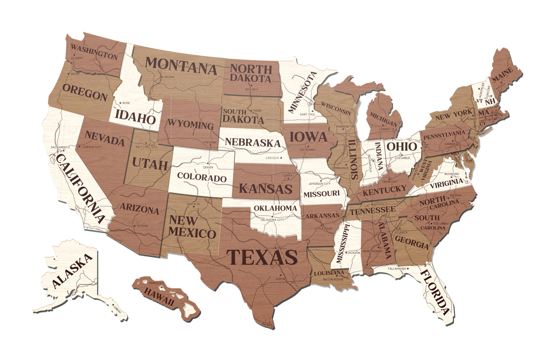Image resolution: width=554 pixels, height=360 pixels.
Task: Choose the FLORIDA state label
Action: point(435,293)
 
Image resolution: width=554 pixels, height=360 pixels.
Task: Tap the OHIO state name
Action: point(401,146)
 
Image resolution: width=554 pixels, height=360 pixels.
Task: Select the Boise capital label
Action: point(126,103)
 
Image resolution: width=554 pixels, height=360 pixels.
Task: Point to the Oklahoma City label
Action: point(272,220)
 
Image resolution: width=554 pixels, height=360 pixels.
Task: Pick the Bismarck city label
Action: point(252,89)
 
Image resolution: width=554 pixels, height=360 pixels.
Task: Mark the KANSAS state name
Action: point(265,189)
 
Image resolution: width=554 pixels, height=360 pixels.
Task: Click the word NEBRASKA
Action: point(253,142)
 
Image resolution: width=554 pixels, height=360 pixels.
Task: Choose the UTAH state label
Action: point(150,165)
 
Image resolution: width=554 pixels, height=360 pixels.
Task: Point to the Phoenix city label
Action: point(142,226)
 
